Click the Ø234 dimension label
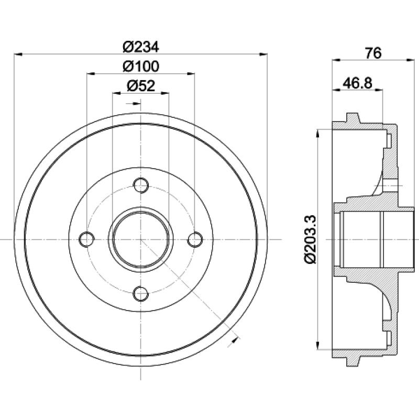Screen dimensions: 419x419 pyautogui.click(x=140, y=47)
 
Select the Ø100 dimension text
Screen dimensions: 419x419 pyautogui.click(x=140, y=67)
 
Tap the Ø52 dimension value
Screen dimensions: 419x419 pyautogui.click(x=140, y=86)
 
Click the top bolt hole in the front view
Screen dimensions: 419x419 pyautogui.click(x=140, y=185)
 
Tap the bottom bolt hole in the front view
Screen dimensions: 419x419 pyautogui.click(x=140, y=294)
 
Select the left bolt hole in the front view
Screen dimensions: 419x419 pyautogui.click(x=86, y=239)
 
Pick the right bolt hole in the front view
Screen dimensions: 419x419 pyautogui.click(x=195, y=239)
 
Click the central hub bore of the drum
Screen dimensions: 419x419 pyautogui.click(x=140, y=239)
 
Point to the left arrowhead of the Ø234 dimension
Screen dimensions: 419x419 pyautogui.click(x=18, y=53)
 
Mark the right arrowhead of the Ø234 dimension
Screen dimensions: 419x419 pyautogui.click(x=264, y=53)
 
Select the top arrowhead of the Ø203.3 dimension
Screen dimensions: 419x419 pyautogui.click(x=318, y=131)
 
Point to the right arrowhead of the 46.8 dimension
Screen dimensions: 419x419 pyautogui.click(x=381, y=90)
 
